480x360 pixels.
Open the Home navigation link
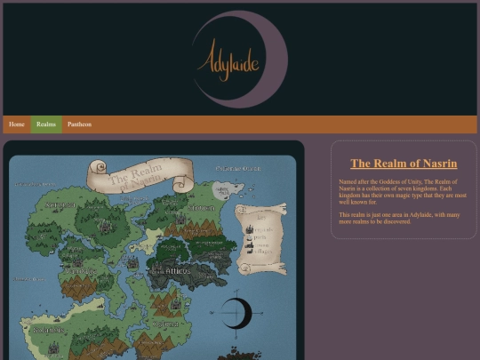17,124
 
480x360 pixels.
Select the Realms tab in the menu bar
46,124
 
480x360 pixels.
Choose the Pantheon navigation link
79,124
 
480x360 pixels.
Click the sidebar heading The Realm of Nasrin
404,164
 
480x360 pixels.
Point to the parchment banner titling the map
139,175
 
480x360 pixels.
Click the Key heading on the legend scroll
261,216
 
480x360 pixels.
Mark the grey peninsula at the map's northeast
222,190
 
